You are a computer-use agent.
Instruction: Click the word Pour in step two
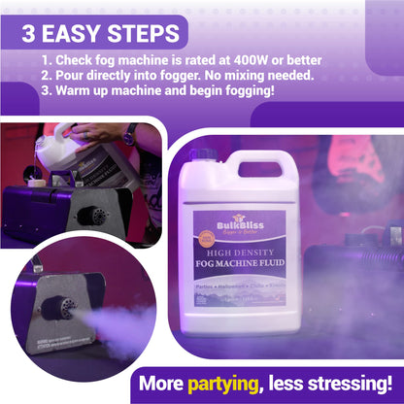[x=74, y=74]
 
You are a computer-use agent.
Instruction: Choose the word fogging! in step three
[x=245, y=90]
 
